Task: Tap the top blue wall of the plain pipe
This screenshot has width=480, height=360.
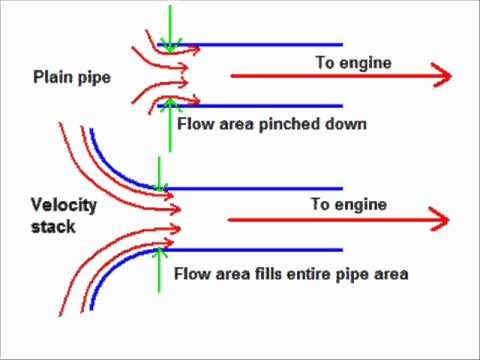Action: tap(260, 45)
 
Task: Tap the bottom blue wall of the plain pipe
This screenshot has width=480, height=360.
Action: tap(260, 105)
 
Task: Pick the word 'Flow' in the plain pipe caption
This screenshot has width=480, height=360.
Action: tap(193, 125)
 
